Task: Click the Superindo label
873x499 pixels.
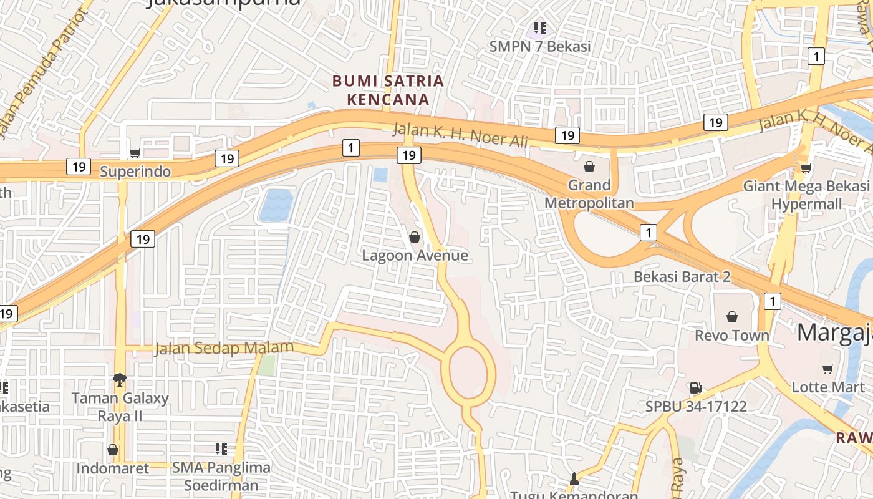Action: click(135, 172)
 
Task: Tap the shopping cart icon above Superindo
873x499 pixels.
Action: click(135, 153)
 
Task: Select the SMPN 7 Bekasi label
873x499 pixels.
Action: click(540, 46)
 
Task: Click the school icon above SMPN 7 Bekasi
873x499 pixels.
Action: click(540, 27)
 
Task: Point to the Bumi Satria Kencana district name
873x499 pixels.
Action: click(388, 90)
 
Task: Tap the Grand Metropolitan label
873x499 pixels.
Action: click(589, 194)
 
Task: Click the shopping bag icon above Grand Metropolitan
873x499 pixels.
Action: click(589, 167)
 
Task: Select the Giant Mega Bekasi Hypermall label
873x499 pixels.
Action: click(806, 195)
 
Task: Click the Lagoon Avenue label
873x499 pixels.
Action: click(415, 255)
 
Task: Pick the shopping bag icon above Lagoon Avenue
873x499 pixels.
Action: click(415, 237)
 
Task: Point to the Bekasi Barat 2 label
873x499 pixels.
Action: click(682, 276)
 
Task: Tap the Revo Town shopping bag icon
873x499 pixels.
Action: click(732, 317)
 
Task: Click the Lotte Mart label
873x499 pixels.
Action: click(828, 387)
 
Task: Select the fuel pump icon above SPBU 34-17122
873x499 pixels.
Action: click(696, 388)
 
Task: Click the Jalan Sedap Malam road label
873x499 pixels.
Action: click(224, 348)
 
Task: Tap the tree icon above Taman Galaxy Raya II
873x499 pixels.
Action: click(120, 379)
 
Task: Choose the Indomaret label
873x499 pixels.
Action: click(113, 468)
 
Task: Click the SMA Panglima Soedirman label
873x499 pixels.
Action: click(221, 476)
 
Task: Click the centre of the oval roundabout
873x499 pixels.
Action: click(468, 373)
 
